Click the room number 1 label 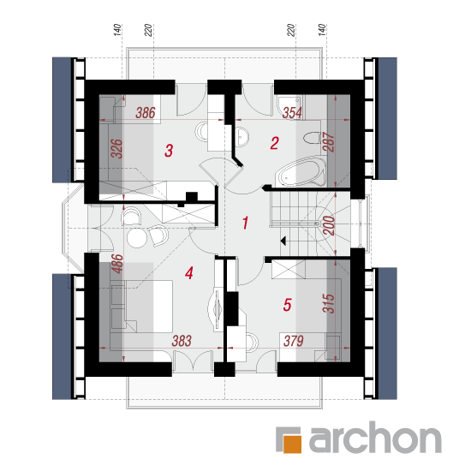(246, 223)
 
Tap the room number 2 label (275, 143)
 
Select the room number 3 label (169, 151)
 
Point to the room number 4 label (189, 273)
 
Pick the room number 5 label (287, 305)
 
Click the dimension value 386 (146, 113)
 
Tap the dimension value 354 (292, 113)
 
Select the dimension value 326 (116, 148)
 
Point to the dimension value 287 (328, 142)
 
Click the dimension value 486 (116, 264)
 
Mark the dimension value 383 (182, 341)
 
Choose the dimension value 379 (294, 341)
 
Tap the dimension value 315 (328, 303)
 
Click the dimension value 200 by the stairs (329, 225)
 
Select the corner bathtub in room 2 (301, 171)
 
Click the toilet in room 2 (312, 138)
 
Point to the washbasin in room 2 (241, 137)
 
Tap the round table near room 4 (137, 237)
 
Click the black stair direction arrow (283, 241)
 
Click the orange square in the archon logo (292, 444)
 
